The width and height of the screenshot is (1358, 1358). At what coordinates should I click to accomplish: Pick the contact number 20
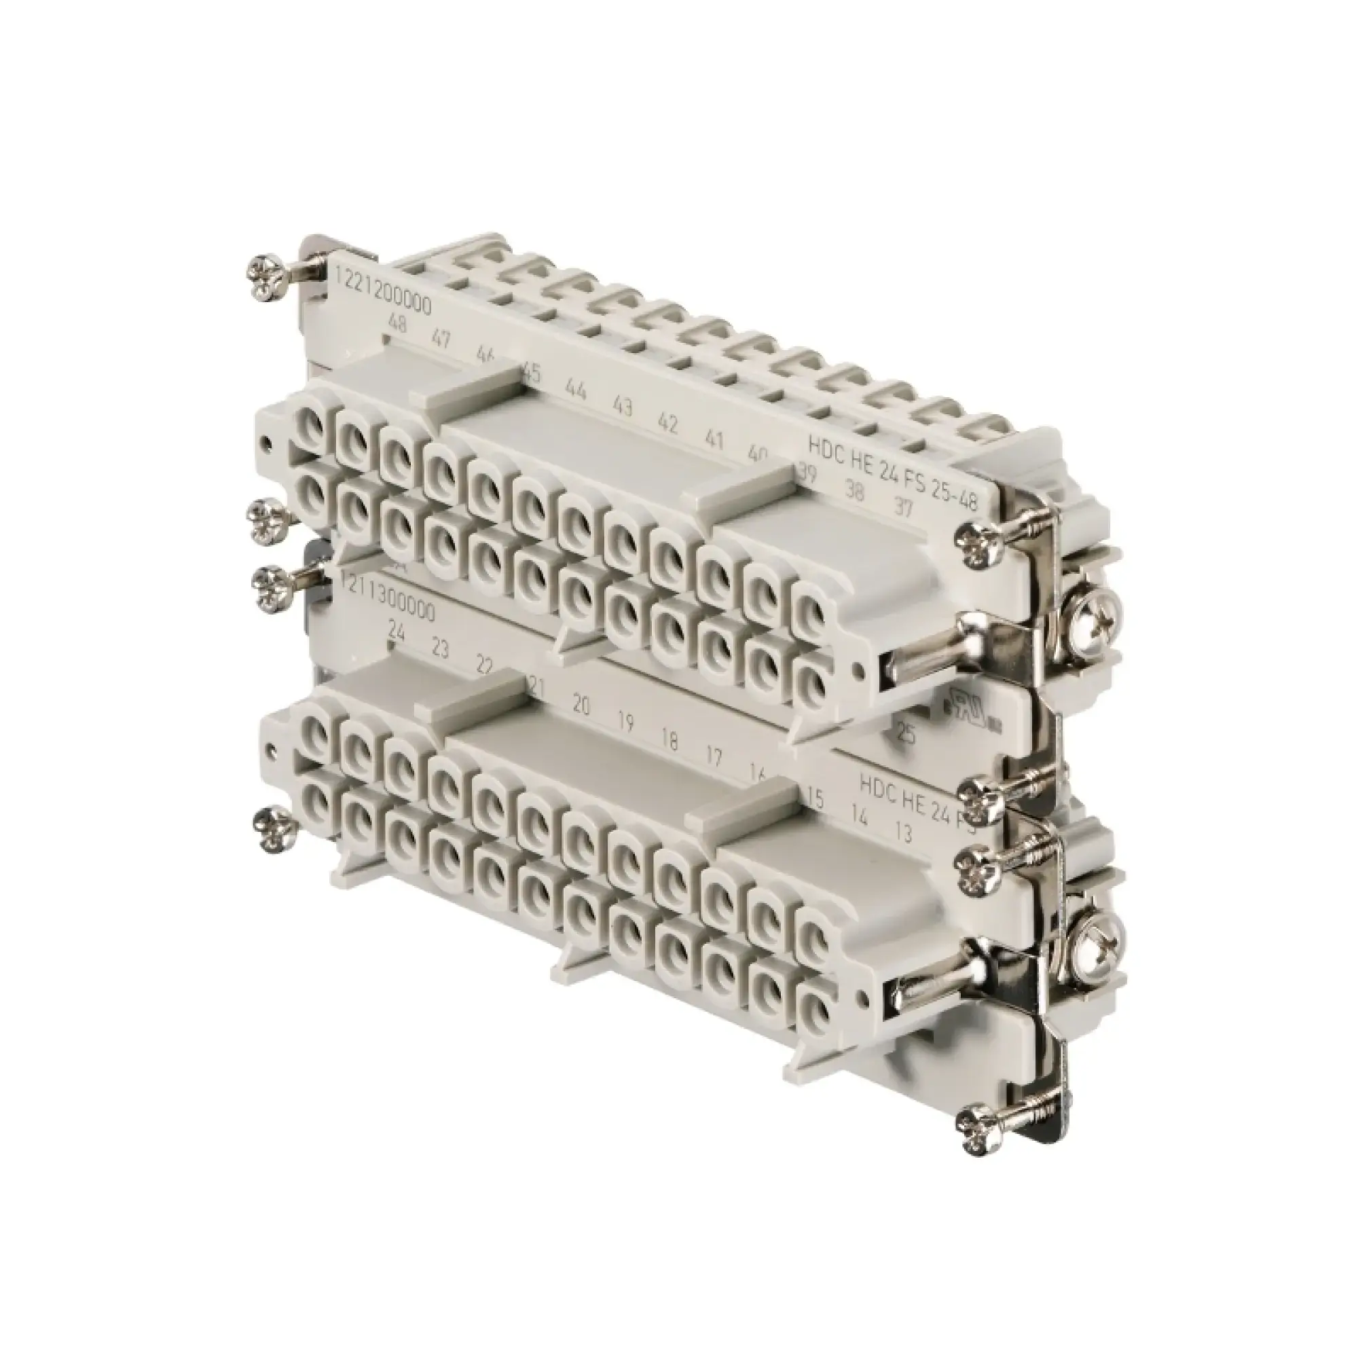[x=581, y=705]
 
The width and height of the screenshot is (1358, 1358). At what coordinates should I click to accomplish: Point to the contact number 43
[x=622, y=406]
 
